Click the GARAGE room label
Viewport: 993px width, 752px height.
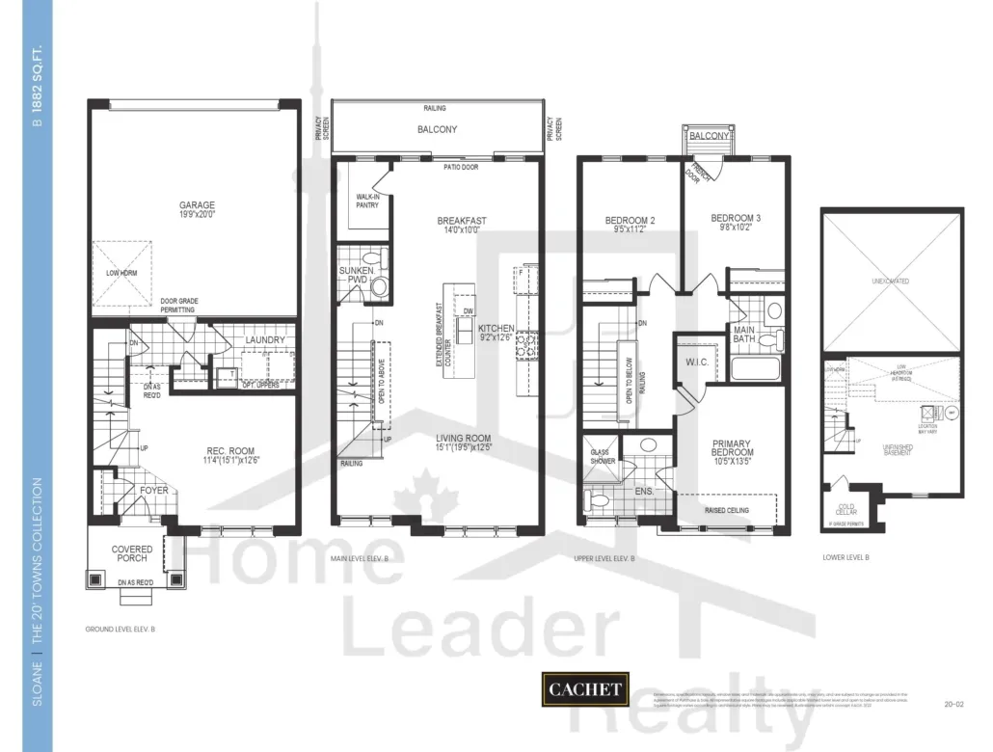click(x=197, y=204)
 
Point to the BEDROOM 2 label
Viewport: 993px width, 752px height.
click(x=630, y=221)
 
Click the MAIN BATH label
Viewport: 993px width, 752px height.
click(x=744, y=334)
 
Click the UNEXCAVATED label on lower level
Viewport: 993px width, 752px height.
click(x=891, y=281)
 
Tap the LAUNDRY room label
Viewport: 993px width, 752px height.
click(x=264, y=340)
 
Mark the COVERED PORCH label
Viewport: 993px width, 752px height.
click(x=132, y=554)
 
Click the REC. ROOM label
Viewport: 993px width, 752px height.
click(x=229, y=451)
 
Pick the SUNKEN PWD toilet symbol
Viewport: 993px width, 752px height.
click(x=379, y=285)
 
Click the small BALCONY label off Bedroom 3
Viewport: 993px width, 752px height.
click(x=710, y=137)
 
